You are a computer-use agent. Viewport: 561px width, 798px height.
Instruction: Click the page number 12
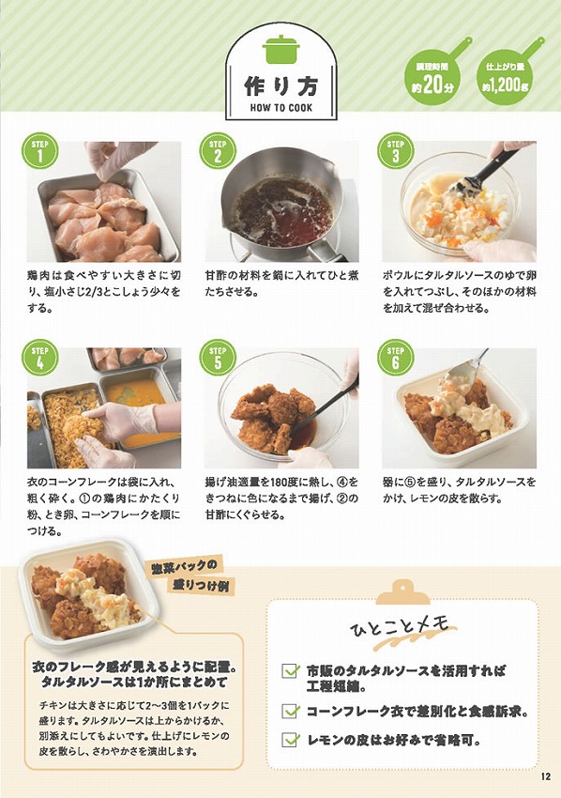[546, 775]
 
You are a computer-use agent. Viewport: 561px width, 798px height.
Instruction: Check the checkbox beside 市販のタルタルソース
[291, 671]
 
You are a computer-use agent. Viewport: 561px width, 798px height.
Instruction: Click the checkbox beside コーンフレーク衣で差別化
[291, 711]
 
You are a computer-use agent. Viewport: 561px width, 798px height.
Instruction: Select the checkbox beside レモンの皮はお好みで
[291, 741]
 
